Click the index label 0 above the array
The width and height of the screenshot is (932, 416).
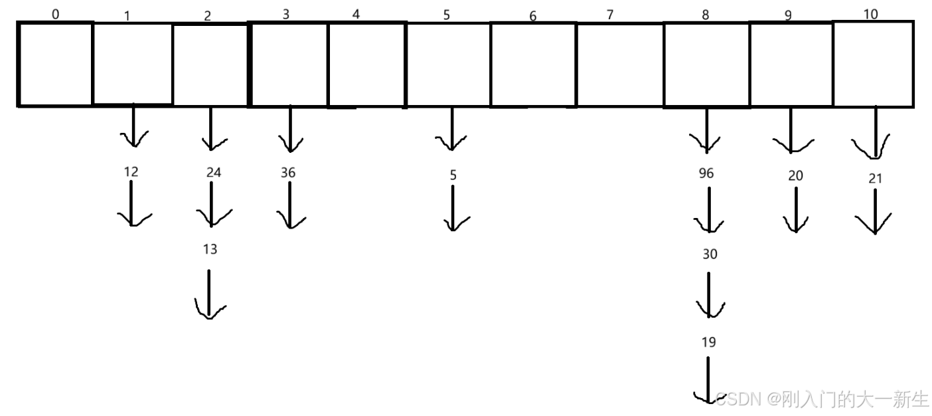point(55,13)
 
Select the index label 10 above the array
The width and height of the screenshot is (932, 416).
point(871,14)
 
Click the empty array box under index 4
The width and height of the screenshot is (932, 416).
point(366,64)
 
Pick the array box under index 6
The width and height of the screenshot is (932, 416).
point(533,64)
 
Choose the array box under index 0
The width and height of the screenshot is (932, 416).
point(56,64)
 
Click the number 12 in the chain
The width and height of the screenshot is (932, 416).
point(131,172)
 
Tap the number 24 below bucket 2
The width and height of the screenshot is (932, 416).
point(213,173)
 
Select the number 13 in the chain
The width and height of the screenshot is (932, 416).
point(210,249)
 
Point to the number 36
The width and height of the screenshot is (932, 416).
point(287,173)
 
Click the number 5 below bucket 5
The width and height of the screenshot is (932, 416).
point(453,175)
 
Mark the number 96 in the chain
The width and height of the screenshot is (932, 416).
point(706,173)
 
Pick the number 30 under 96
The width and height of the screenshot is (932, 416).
point(710,255)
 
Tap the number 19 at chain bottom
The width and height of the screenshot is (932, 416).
point(708,342)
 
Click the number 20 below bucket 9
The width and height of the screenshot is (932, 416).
point(795,175)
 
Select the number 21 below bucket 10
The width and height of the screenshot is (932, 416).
point(875,178)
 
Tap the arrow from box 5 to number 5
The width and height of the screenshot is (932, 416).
point(452,129)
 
